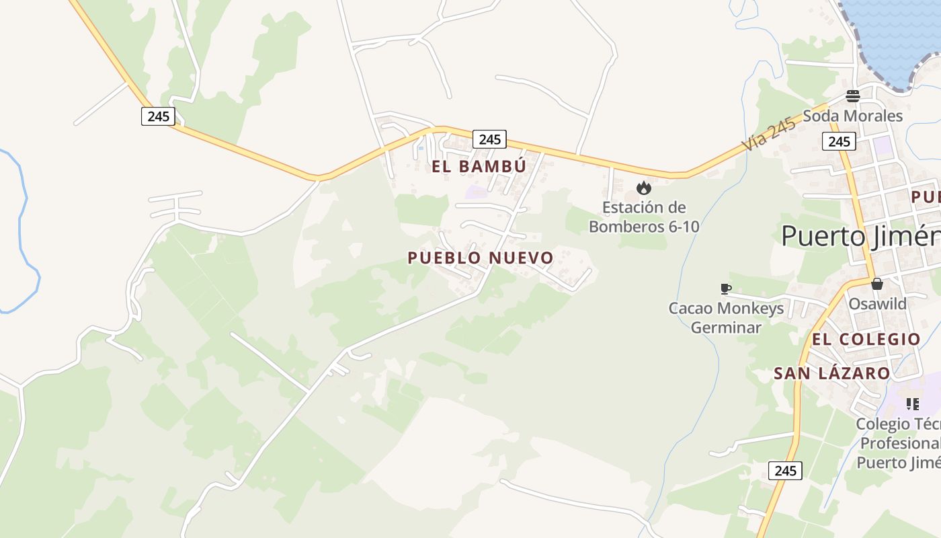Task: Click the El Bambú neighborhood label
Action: [x=479, y=166]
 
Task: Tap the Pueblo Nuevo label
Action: [x=480, y=258]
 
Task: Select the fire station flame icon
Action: [x=644, y=188]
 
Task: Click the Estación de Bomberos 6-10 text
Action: [x=644, y=217]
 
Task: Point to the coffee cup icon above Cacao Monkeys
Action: [x=725, y=289]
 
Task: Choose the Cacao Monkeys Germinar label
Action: [x=726, y=318]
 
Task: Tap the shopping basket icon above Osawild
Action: [x=876, y=284]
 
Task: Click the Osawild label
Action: [x=877, y=303]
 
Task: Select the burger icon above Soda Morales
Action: [x=853, y=95]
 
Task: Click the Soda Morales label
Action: [x=853, y=116]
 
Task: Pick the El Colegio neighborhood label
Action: [x=866, y=339]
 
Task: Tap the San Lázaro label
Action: [x=831, y=373]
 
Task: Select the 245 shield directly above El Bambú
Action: [x=490, y=139]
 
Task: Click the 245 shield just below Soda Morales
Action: [x=839, y=141]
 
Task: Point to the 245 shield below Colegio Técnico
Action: [x=785, y=471]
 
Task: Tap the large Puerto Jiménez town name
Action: [x=860, y=236]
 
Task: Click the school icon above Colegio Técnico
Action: [x=912, y=403]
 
